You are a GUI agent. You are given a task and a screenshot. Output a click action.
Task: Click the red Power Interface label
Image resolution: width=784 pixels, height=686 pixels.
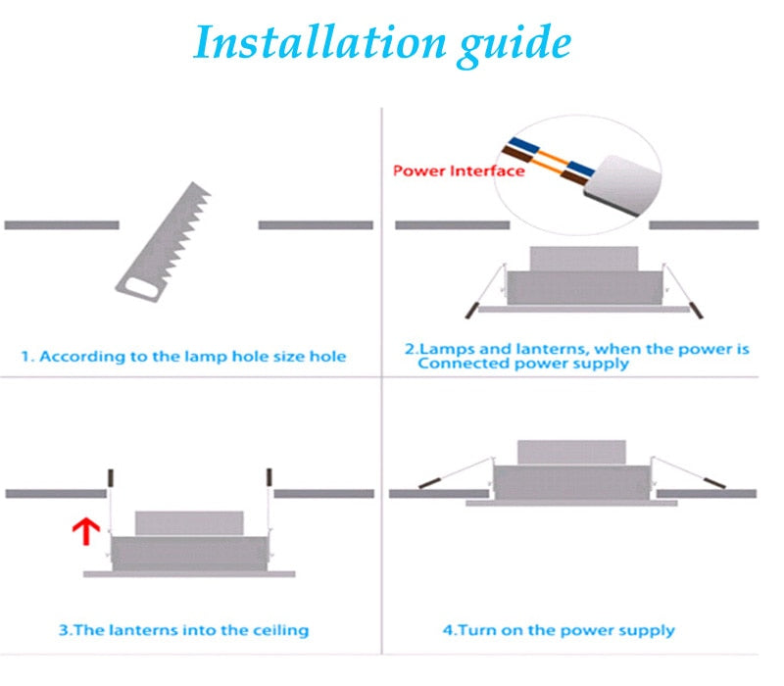click(x=458, y=171)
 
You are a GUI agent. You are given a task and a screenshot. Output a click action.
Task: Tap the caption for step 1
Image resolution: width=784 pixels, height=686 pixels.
click(x=184, y=356)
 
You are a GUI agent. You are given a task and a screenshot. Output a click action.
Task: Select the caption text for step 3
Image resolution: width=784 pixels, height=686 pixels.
click(x=183, y=629)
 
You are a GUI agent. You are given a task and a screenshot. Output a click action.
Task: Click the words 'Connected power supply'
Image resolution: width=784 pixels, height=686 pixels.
click(x=523, y=364)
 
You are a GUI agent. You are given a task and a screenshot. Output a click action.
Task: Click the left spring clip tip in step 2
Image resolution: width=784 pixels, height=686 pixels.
click(x=470, y=310)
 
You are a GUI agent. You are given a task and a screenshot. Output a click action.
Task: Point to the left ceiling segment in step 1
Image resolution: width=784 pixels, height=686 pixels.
click(x=62, y=224)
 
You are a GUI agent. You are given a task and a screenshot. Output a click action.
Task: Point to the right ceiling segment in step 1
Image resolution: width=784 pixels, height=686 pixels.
click(x=316, y=224)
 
